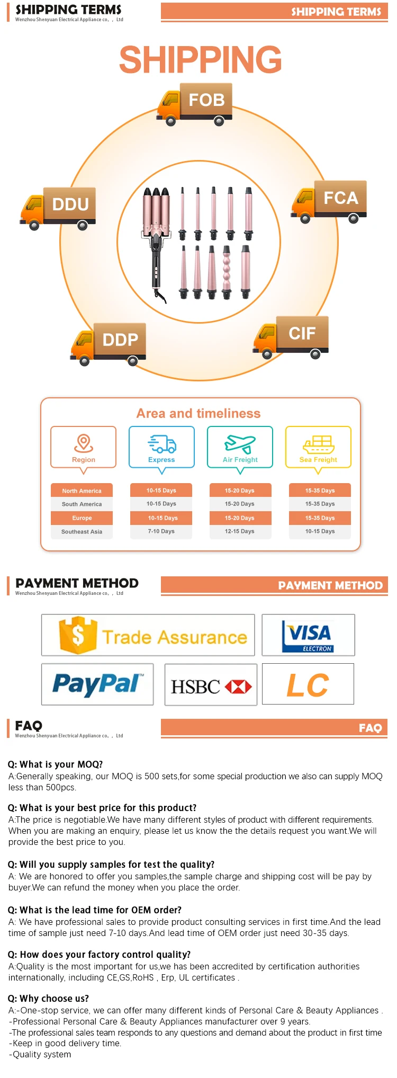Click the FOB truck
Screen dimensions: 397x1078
click(194, 104)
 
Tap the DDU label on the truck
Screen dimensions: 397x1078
click(70, 204)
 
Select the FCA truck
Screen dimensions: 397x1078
click(329, 201)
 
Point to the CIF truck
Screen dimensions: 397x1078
click(291, 336)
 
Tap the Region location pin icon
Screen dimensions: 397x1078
click(84, 442)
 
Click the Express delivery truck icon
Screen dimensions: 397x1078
click(162, 444)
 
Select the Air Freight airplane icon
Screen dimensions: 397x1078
click(240, 444)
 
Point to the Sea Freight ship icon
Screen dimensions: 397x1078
click(318, 444)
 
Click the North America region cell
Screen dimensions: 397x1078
click(82, 491)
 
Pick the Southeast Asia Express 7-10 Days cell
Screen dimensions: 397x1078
click(161, 531)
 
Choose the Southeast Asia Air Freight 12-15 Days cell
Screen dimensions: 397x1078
click(240, 531)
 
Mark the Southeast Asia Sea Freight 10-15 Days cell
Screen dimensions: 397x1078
click(320, 531)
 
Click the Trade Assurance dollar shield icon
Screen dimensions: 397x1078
click(78, 635)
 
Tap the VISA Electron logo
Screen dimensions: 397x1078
click(308, 636)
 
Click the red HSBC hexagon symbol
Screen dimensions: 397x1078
click(238, 687)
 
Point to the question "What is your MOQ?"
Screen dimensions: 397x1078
click(56, 764)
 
